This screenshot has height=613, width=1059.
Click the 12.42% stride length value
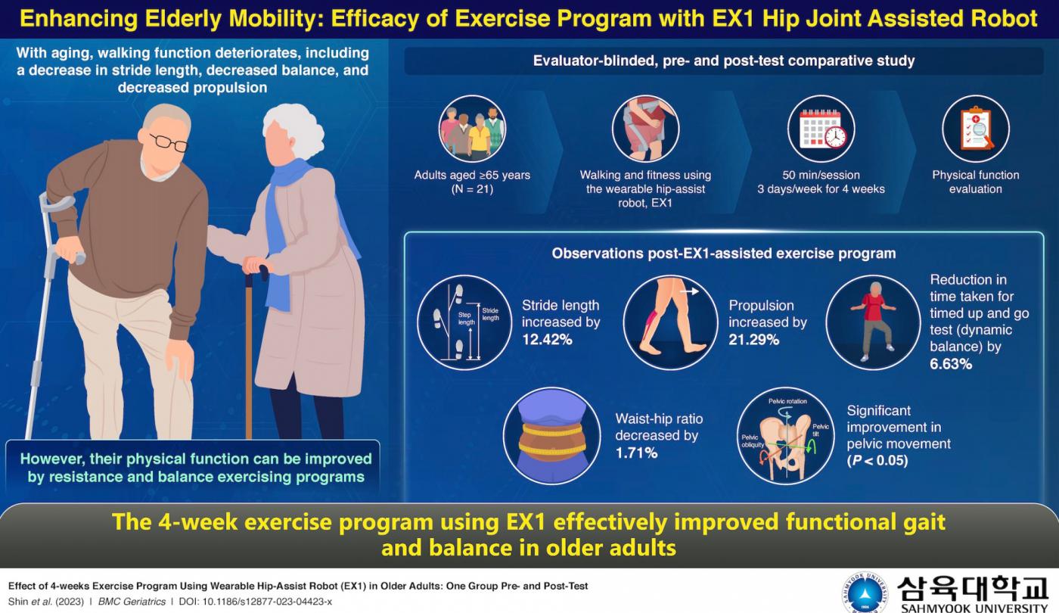[x=547, y=340]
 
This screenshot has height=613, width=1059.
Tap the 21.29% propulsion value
[x=753, y=340]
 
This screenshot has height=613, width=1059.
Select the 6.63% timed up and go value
[x=951, y=364]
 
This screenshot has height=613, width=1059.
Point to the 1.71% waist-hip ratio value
[x=636, y=453]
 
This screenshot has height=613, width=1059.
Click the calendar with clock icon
[x=821, y=129]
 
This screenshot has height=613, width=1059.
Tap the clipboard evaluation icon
[x=976, y=129]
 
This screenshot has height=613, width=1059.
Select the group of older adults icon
[x=472, y=129]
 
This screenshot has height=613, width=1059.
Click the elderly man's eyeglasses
[x=169, y=142]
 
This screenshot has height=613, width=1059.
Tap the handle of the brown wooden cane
[x=257, y=268]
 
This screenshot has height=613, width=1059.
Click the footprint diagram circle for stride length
[x=464, y=322]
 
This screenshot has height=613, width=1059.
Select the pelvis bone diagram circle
[x=786, y=436]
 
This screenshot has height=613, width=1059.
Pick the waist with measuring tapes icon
[x=551, y=436]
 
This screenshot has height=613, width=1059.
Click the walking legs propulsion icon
[x=670, y=322]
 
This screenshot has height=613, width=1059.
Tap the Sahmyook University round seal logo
[x=865, y=592]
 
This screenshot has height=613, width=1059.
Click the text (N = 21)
[x=472, y=189]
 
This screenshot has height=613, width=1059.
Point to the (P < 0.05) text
[x=877, y=460]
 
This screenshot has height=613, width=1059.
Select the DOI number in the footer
[x=267, y=602]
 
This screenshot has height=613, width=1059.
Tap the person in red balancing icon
[x=873, y=322]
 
